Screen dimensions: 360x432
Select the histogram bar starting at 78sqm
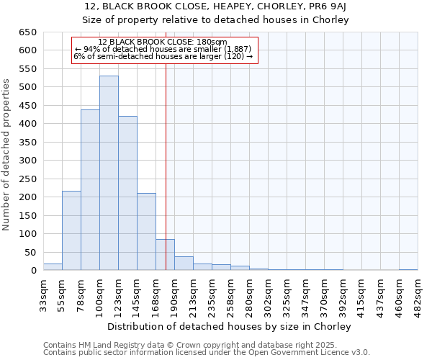90,190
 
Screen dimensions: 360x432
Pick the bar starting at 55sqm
71,230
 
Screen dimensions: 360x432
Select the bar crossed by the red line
165,255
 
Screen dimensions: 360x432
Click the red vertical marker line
166,144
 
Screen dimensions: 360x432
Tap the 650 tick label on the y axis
27,32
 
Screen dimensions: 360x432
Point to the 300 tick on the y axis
27,161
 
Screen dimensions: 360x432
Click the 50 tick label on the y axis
30,253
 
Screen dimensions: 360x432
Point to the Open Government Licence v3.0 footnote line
207,353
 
